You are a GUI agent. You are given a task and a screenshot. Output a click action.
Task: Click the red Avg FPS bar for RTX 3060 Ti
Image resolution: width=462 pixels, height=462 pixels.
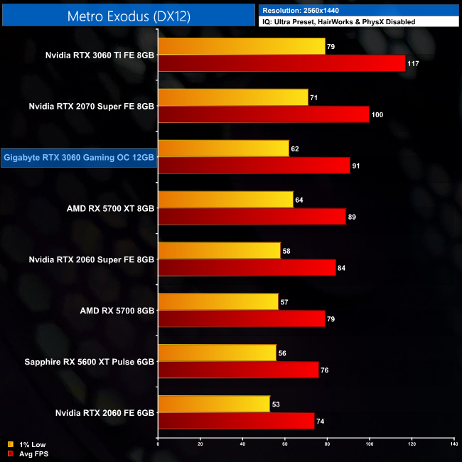click(x=281, y=64)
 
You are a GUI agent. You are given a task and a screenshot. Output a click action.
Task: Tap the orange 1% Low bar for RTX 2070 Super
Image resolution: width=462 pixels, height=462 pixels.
click(x=233, y=97)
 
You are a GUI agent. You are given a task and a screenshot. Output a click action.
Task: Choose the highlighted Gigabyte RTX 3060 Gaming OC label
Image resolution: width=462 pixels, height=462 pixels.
click(x=78, y=158)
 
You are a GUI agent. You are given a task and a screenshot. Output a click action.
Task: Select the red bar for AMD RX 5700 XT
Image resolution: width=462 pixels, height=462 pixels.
click(x=252, y=217)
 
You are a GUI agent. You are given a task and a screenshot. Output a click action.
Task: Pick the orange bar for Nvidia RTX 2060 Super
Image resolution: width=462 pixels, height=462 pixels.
click(x=219, y=250)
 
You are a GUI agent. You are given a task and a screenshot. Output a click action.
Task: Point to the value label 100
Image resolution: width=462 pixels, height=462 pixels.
click(x=377, y=115)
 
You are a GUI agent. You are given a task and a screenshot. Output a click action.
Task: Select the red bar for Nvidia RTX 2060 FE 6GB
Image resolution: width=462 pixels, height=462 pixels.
click(x=236, y=421)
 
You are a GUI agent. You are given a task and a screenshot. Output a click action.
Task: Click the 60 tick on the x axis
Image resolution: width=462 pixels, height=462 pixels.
click(x=285, y=444)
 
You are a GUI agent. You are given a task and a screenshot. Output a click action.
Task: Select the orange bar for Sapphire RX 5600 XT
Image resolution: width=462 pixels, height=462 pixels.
click(x=217, y=353)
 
